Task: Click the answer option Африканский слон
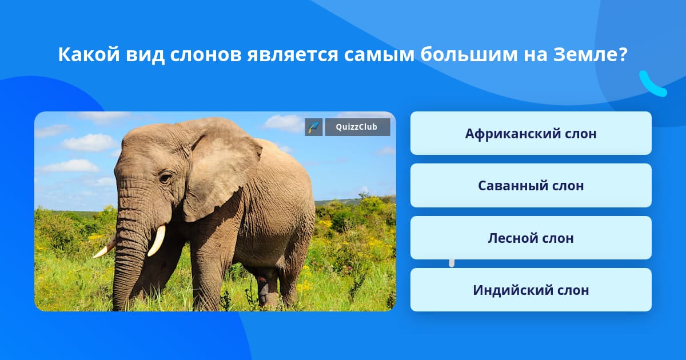click(x=531, y=133)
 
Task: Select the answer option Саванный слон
click(x=531, y=186)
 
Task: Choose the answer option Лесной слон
click(x=531, y=238)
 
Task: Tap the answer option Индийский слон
click(x=531, y=290)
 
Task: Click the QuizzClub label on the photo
click(x=357, y=127)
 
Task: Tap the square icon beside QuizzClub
click(x=314, y=127)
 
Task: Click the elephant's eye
click(x=166, y=178)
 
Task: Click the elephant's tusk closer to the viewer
click(x=157, y=241)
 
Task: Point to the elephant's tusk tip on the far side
click(x=95, y=257)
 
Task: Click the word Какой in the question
click(x=89, y=54)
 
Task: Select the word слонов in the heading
click(x=206, y=55)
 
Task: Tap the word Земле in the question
click(x=586, y=55)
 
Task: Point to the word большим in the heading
click(x=469, y=54)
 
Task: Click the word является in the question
click(x=293, y=55)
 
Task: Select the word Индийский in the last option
click(x=506, y=290)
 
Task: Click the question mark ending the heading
click(x=624, y=54)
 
